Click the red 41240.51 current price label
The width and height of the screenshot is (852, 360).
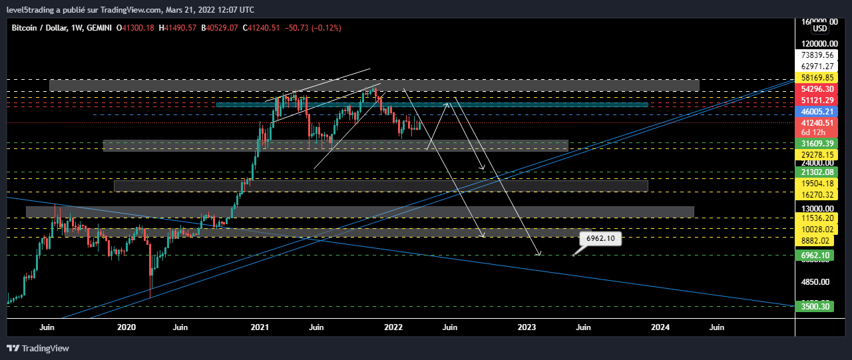click(x=817, y=123)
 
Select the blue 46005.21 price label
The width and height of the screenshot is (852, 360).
click(x=817, y=111)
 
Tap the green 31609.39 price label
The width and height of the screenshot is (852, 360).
click(x=817, y=143)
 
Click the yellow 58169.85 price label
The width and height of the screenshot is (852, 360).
click(x=817, y=78)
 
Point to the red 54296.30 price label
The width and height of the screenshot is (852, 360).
click(x=817, y=89)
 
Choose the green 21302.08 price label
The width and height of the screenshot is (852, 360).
click(x=817, y=172)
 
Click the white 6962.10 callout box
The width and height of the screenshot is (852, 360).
click(x=600, y=238)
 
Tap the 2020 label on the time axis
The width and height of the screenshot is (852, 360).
click(x=126, y=327)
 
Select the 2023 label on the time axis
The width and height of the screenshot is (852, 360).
click(x=527, y=327)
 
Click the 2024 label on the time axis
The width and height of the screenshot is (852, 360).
click(x=660, y=327)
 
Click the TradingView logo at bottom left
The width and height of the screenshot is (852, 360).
click(x=38, y=348)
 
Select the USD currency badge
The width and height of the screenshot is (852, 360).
click(x=820, y=29)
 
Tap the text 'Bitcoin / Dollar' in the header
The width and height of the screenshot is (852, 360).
click(x=39, y=28)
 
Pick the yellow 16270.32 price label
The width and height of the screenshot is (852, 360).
click(x=817, y=194)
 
